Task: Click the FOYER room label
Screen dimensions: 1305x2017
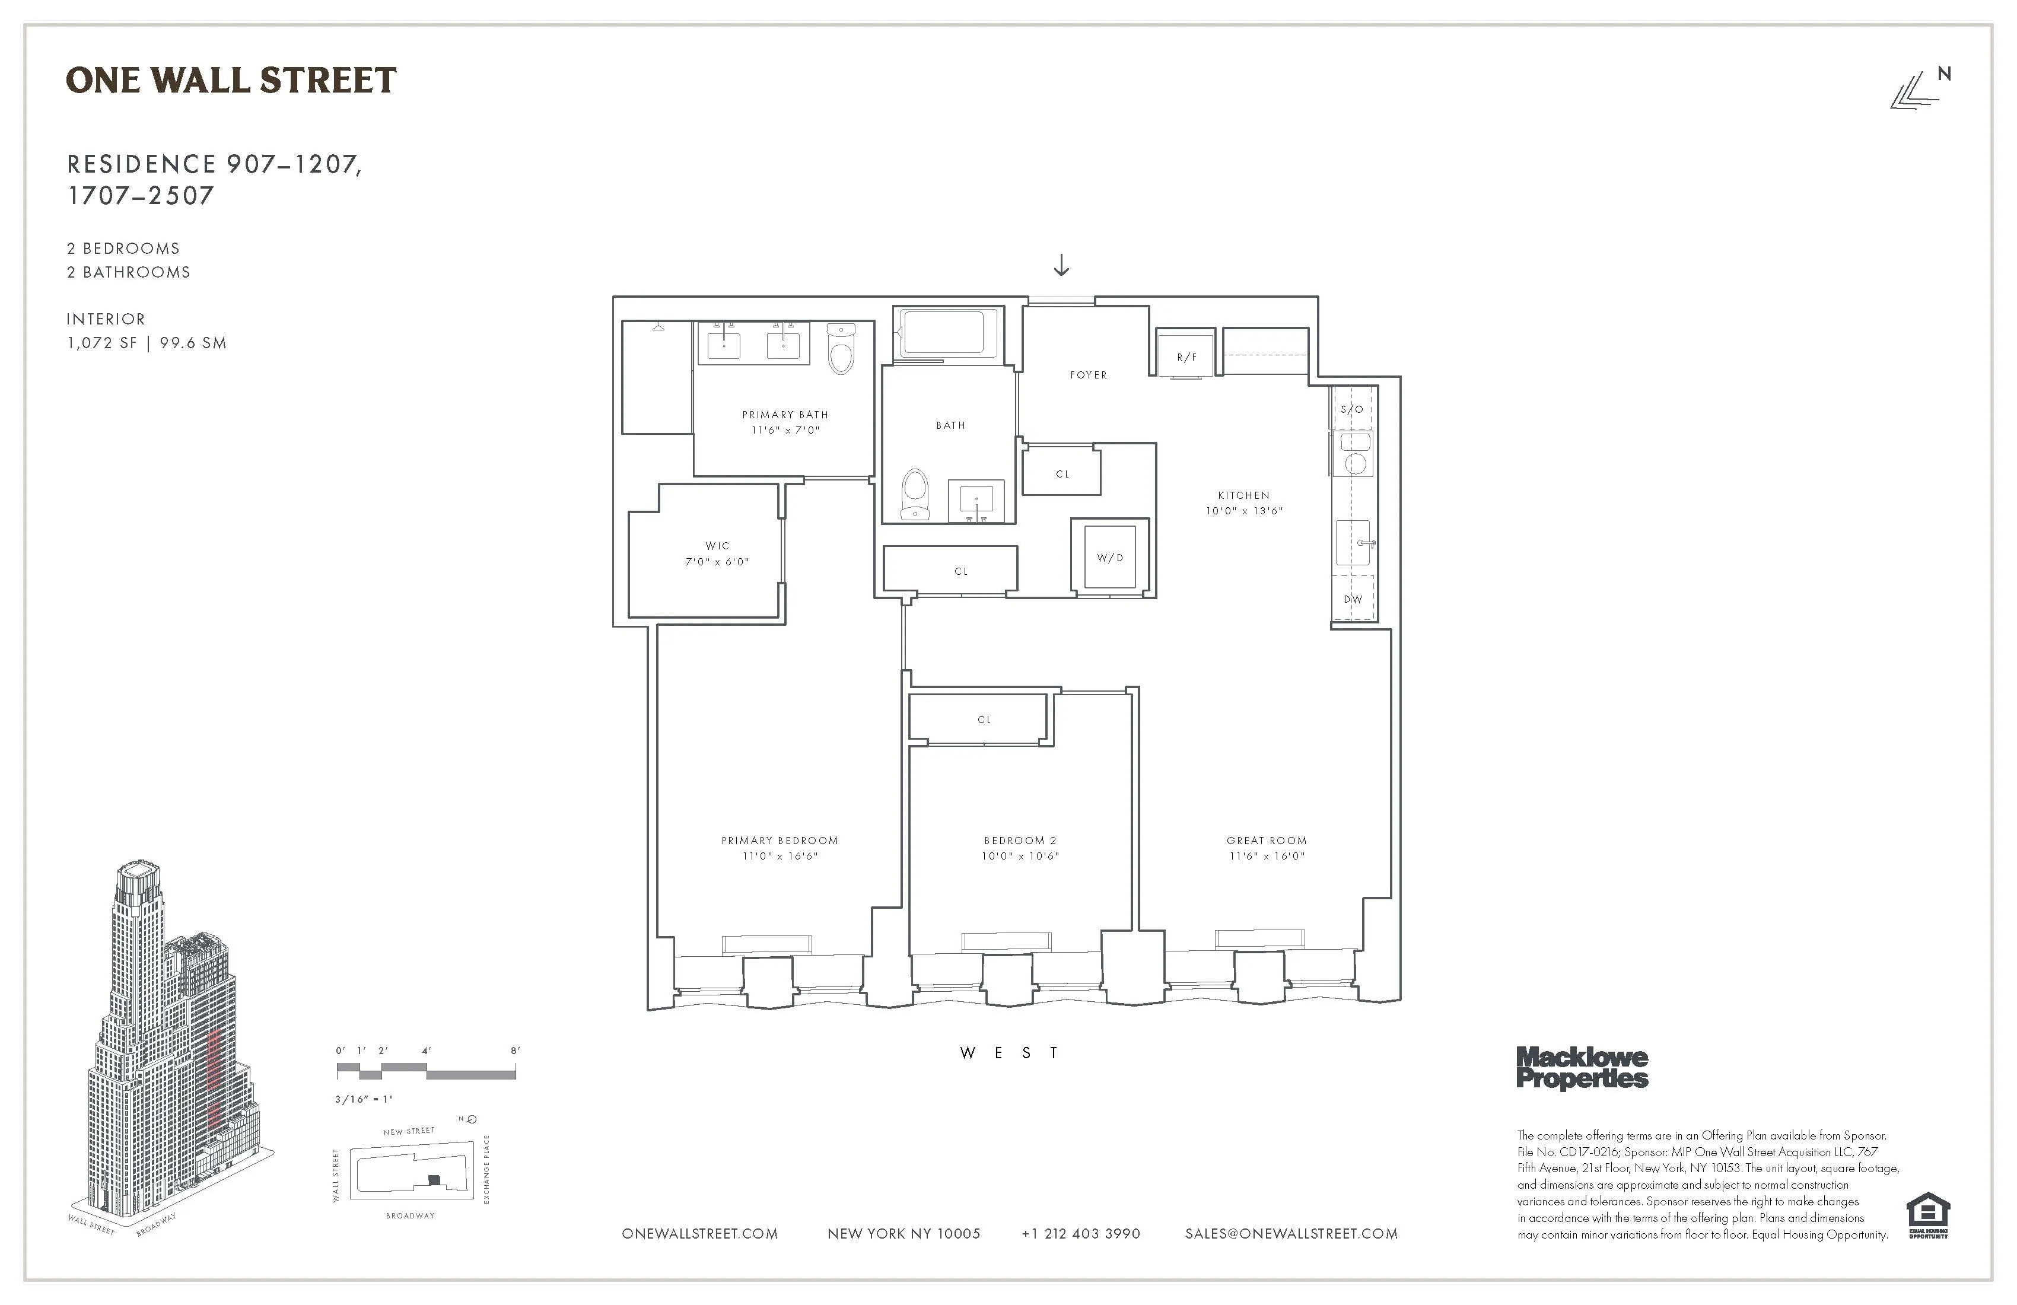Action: tap(1088, 374)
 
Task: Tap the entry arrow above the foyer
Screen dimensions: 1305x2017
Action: tap(1061, 266)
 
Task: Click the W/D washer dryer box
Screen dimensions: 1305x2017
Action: tap(1109, 557)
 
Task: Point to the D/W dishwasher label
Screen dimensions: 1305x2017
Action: tap(1353, 599)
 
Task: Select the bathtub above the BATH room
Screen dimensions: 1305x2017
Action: tap(943, 332)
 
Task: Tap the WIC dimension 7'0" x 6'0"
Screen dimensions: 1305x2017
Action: tap(717, 562)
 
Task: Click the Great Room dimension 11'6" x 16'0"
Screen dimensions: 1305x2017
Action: tap(1266, 856)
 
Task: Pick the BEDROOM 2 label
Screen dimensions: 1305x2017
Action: tap(1020, 841)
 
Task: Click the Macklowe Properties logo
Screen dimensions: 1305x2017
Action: tap(1582, 1068)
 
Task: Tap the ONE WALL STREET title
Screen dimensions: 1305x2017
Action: tap(231, 81)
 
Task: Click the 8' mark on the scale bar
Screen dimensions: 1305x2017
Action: tap(514, 1051)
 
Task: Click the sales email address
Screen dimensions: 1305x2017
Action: tap(1291, 1234)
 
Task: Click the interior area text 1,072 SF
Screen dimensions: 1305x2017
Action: tap(101, 343)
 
